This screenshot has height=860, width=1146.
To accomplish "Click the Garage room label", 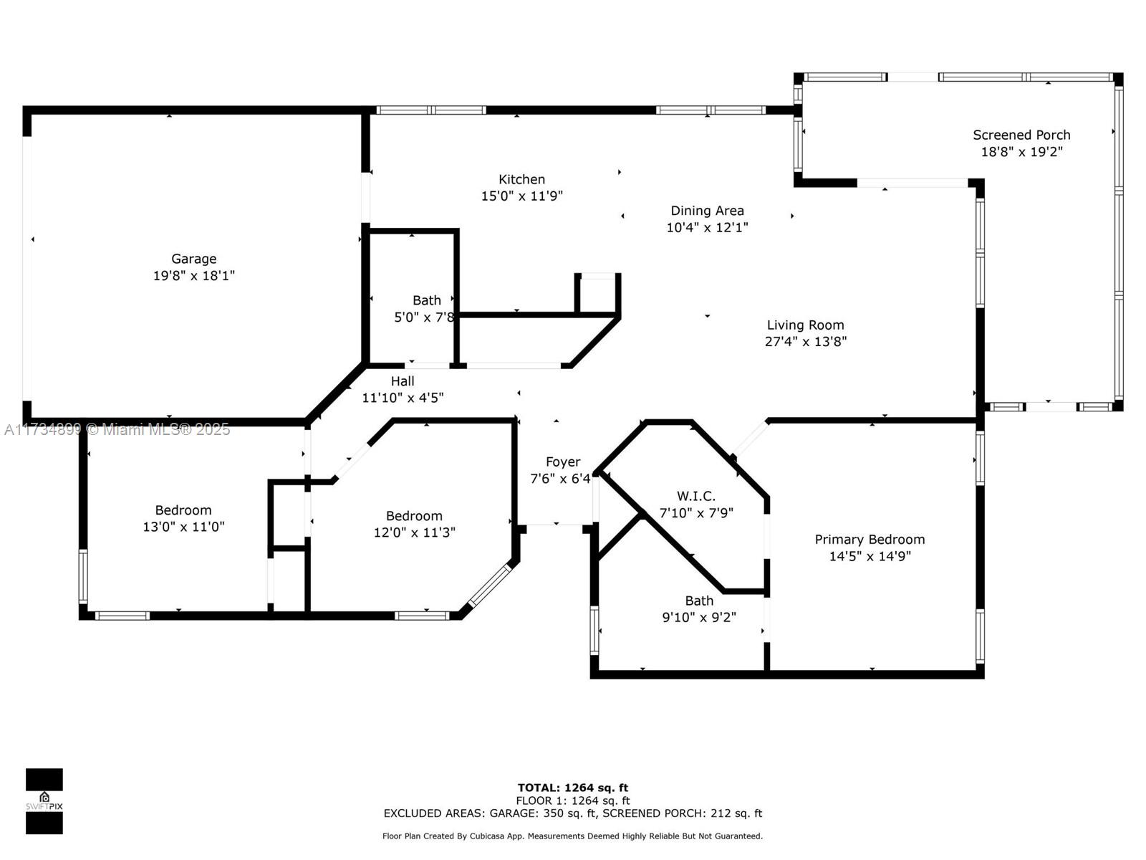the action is [193, 259].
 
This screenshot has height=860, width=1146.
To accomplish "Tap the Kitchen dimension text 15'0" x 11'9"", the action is [521, 196].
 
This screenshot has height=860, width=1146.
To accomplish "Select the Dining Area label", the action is [707, 211].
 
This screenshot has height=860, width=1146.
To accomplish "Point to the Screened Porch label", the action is [1021, 135].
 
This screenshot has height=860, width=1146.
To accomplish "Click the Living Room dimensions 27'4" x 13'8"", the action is [805, 342].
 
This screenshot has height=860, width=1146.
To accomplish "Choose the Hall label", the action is [403, 381].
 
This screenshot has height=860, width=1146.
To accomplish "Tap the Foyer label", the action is [563, 462].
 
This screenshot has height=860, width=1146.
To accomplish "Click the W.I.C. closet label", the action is [696, 496].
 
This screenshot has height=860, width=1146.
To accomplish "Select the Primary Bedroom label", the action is [870, 540].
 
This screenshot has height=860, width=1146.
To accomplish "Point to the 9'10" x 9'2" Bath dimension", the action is [699, 617].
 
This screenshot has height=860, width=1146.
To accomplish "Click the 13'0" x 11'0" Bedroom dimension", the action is [183, 526].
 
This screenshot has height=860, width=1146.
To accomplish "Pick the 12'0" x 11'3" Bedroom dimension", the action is [414, 532].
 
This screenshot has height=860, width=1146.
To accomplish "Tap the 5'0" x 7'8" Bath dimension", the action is [425, 317].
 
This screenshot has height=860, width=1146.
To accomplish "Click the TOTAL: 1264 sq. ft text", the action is [573, 788].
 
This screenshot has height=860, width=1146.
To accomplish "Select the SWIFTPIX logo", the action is [44, 801].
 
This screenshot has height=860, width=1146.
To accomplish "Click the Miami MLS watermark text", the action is [117, 430].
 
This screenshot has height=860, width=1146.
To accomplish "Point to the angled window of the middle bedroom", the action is [489, 586].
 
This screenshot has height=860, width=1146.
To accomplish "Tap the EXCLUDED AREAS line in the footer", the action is [573, 813].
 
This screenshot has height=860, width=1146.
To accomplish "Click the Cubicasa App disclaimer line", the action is [573, 836].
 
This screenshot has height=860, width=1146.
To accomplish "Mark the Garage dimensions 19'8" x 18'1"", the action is [193, 276].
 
